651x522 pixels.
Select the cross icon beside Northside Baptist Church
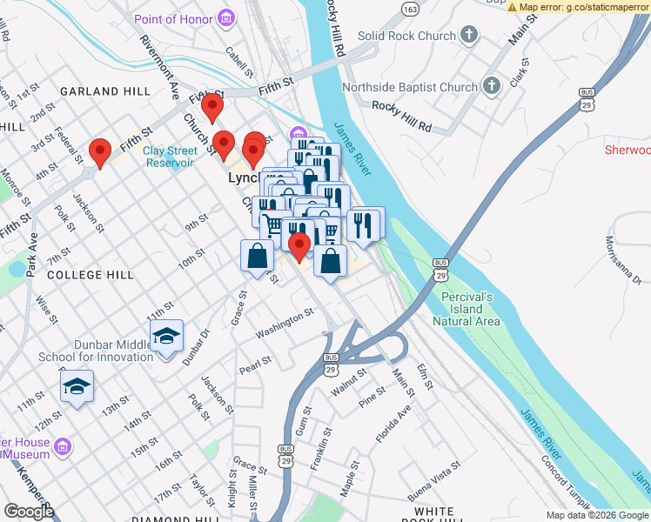click(x=491, y=86)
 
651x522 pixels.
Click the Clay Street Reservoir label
click(x=171, y=156)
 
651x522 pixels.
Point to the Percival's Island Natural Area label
click(x=467, y=309)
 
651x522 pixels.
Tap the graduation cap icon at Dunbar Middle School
click(x=165, y=335)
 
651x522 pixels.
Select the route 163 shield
click(x=409, y=9)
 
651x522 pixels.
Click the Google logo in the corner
click(x=29, y=511)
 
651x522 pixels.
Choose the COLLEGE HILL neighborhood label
click(x=91, y=274)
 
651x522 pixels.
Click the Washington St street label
click(x=284, y=323)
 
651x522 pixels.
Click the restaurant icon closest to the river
click(x=366, y=223)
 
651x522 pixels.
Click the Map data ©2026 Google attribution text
click(x=597, y=515)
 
